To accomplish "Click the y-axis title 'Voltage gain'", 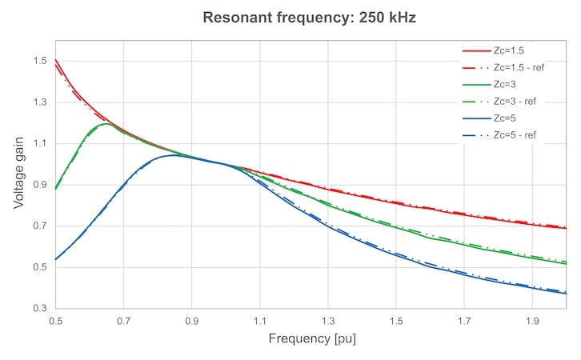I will (x=18, y=174).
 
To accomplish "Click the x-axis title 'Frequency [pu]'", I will (x=312, y=338).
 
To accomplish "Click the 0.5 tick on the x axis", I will (x=55, y=321).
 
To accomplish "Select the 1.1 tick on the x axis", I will (x=260, y=321).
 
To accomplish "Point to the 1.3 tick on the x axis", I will (x=328, y=321).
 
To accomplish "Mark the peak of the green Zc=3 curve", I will (x=106, y=124).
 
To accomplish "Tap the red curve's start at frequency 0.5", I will (x=55, y=59).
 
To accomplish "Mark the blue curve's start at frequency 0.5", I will (x=55, y=259).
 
